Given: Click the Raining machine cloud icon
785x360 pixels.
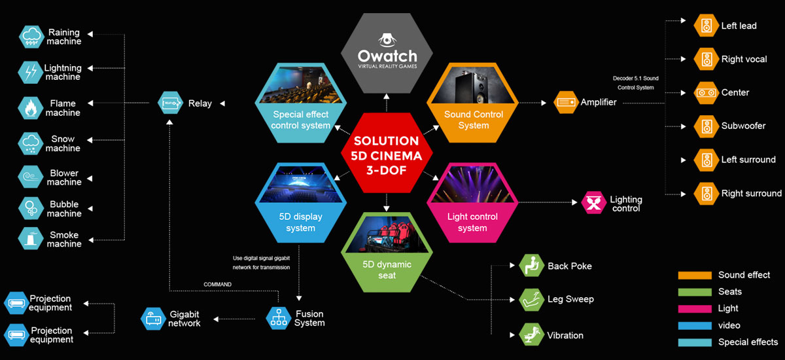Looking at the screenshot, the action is point(31,37).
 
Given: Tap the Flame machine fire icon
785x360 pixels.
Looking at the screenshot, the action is point(31,108).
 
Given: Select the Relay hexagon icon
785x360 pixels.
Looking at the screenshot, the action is point(170,103).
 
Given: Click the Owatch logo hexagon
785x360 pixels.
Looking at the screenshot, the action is point(387,53).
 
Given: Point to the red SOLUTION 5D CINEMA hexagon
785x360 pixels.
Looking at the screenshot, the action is point(387,153).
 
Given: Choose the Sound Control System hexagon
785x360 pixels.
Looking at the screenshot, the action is point(472,103).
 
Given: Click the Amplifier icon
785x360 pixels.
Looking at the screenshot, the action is point(566,102).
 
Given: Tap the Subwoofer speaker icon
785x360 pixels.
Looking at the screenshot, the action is point(706,126).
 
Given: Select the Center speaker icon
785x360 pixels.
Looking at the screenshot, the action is point(706,93).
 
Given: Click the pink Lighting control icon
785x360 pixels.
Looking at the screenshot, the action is point(594,203).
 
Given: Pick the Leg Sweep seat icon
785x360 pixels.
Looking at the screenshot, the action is point(532,300).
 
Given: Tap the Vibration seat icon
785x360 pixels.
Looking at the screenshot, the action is point(532,334).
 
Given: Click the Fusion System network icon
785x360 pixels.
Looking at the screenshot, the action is point(279,318).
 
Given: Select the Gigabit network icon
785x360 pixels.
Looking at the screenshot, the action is point(153,319).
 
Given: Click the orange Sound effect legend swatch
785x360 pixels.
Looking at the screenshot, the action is point(695,275).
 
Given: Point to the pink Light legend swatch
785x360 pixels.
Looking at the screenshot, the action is point(695,309).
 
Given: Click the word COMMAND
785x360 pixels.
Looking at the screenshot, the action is point(217,284).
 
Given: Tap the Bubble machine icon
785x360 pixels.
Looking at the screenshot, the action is point(31,209).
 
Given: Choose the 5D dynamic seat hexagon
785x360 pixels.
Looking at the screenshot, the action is point(387,253).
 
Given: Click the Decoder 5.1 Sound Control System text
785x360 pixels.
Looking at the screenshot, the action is point(635,82).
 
